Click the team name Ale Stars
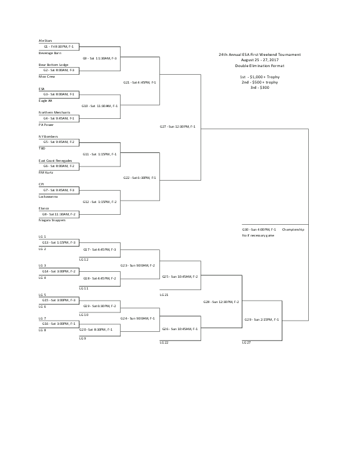[x=45, y=41]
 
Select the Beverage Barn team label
[x=50, y=53]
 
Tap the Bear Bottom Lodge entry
[x=54, y=65]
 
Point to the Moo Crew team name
[x=46, y=76]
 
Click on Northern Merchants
[x=54, y=112]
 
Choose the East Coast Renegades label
[x=55, y=161]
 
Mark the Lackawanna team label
[x=49, y=197]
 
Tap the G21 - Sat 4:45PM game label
[x=139, y=82]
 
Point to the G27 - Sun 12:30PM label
[x=177, y=126]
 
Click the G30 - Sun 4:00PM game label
[x=259, y=229]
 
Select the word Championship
[x=292, y=229]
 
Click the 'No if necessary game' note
[x=258, y=235]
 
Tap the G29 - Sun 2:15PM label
[x=262, y=319]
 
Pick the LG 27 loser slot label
[x=247, y=342]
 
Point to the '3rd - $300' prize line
[x=259, y=87]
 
